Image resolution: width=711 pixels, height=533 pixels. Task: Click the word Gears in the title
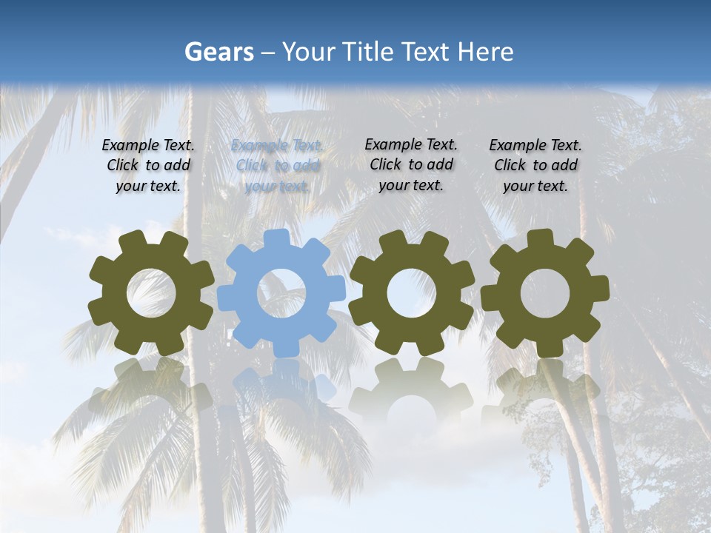(x=219, y=52)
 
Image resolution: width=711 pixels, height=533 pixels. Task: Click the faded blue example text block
(x=277, y=166)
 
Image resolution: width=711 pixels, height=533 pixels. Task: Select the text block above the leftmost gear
(x=148, y=166)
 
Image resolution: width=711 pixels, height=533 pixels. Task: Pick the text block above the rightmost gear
(x=535, y=166)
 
